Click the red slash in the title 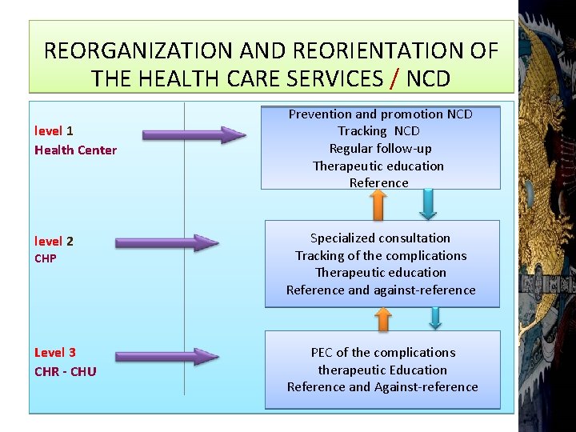395,78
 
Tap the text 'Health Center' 75,150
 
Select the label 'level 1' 54,131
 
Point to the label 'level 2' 54,241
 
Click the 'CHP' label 46,258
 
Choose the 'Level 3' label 55,352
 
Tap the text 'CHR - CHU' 65,371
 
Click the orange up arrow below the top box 378,204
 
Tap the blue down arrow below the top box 428,204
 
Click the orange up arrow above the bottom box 383,319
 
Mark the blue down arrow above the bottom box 434,318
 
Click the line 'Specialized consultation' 380,238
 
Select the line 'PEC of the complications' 382,352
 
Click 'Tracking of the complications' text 381,255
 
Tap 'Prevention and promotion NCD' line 380,114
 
